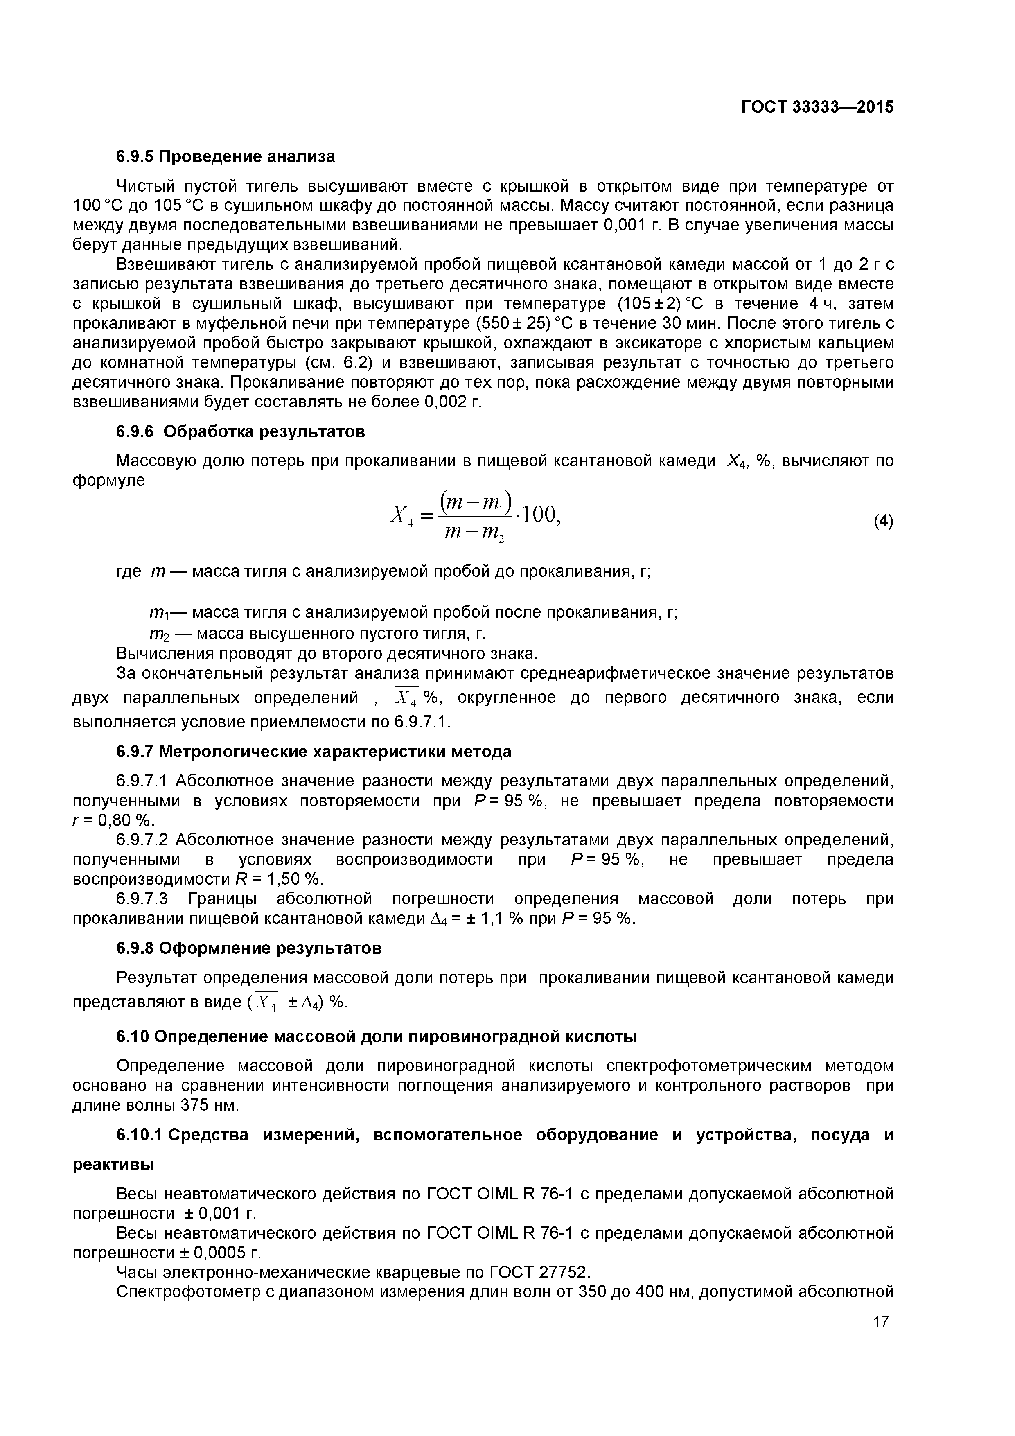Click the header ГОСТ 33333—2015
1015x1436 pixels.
817,107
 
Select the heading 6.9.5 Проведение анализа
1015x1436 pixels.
226,156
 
